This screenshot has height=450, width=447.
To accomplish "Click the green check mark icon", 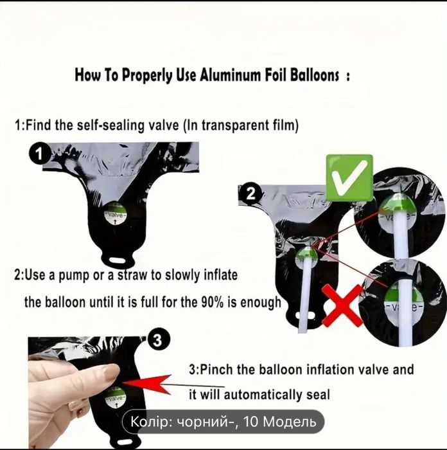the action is tap(349, 177).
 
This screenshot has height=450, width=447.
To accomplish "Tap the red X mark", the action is tap(342, 305).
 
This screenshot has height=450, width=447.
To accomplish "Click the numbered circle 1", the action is tap(39, 154).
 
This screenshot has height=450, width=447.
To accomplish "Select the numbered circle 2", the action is tap(251, 194).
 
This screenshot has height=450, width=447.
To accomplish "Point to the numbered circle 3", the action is tap(157, 340).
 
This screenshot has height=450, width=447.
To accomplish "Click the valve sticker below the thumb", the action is tap(116, 399).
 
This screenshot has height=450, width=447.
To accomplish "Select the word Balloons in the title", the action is tap(314, 75).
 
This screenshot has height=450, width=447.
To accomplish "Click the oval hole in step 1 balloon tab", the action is tap(118, 260).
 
